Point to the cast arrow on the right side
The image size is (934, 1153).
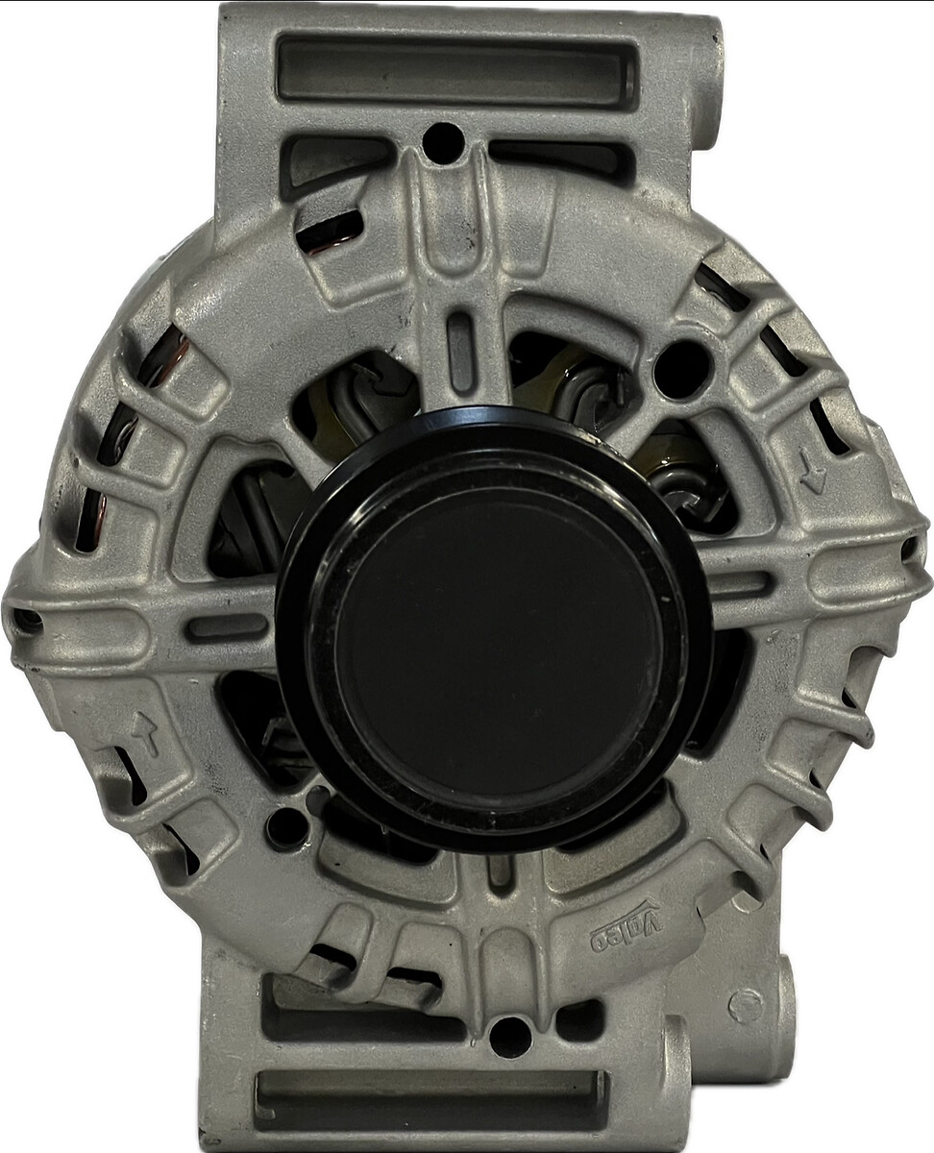click(814, 473)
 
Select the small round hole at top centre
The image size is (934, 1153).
click(442, 143)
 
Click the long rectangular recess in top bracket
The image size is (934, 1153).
click(457, 69)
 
